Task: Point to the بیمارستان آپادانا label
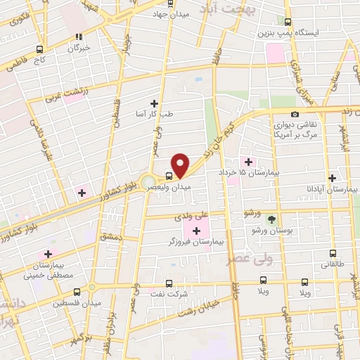click(x=331, y=190)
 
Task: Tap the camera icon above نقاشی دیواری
click(x=294, y=114)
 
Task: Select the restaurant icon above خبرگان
click(x=79, y=37)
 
